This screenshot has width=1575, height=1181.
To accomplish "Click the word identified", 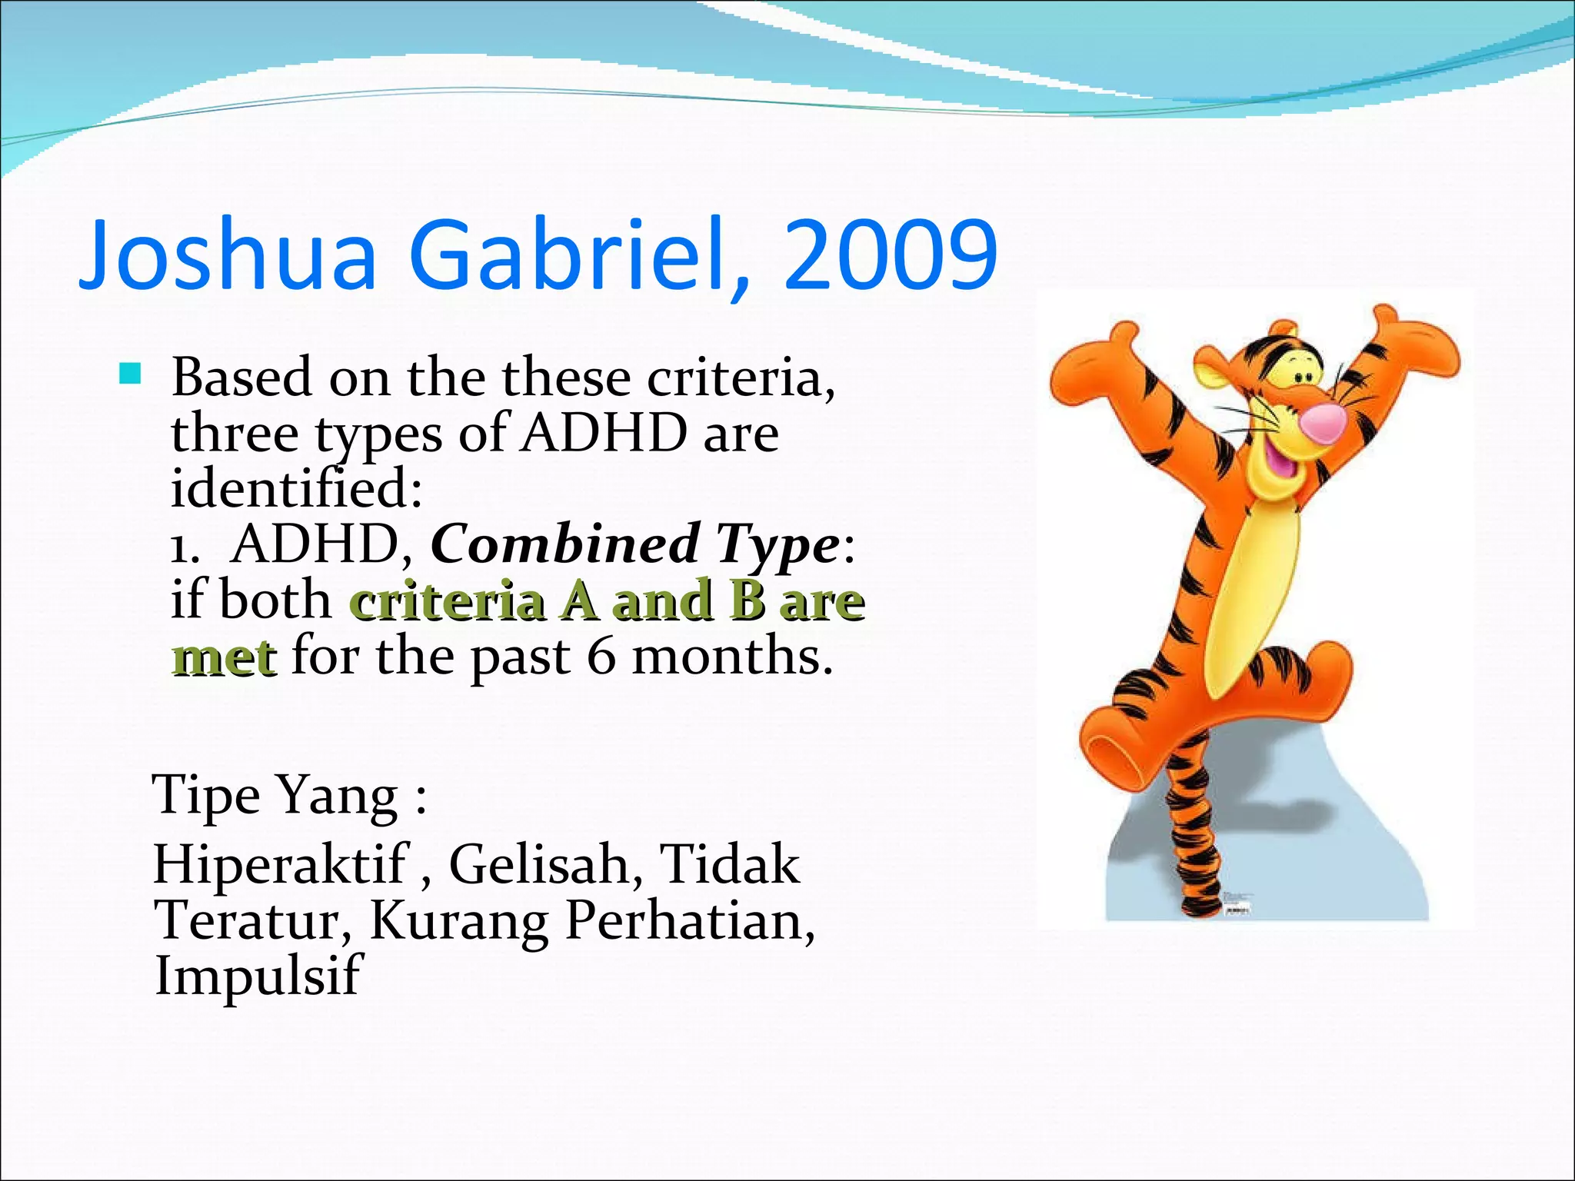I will [x=296, y=489].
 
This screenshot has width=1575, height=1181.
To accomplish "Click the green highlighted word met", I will [x=224, y=659].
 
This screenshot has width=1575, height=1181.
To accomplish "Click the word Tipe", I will [x=206, y=795].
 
